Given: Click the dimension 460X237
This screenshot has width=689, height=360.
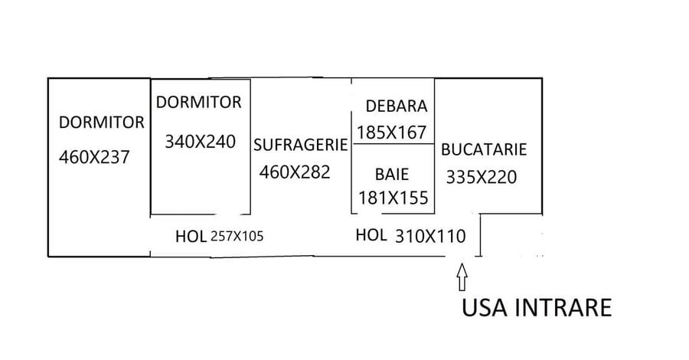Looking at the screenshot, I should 95,157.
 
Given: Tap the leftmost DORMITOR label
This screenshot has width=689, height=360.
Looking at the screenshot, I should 102,122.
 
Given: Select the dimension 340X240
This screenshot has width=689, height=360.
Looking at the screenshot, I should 200,141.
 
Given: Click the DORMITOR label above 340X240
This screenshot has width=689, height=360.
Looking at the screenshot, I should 199,102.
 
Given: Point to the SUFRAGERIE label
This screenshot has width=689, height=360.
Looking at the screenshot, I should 301,144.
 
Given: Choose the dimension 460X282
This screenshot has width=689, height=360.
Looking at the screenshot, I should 295,172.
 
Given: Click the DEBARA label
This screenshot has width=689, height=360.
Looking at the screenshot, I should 396,106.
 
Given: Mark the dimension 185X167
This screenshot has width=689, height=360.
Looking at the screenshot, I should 391,133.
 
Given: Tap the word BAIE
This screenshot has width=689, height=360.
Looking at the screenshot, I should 391,174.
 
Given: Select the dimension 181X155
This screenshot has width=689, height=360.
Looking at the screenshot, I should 393,198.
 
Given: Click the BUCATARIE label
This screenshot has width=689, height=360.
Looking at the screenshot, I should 484,149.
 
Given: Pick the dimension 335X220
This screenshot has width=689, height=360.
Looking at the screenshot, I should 482,177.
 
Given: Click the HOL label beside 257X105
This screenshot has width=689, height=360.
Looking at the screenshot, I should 191,236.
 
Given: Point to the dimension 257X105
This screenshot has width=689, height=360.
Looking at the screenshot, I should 237,237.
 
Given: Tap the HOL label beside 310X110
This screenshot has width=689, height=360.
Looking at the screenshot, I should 371,236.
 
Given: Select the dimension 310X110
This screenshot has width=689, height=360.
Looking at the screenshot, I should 430,237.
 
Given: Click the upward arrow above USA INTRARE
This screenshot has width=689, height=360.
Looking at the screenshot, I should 462,277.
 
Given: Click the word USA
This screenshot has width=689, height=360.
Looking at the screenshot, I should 486,308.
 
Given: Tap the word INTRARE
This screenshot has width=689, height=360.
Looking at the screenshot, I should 566,308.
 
